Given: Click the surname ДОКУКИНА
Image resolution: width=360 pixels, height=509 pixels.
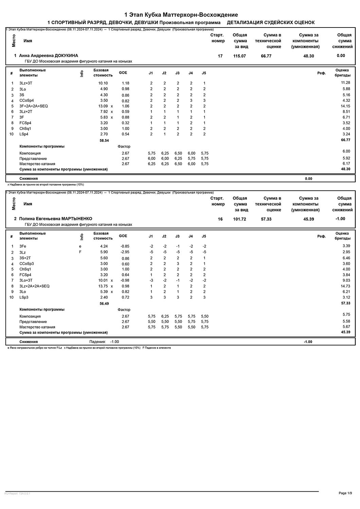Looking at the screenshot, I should tap(66, 56).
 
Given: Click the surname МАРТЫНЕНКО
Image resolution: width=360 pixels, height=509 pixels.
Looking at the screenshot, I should tap(77, 219).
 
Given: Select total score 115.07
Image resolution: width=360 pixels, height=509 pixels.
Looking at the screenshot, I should tap(239, 56).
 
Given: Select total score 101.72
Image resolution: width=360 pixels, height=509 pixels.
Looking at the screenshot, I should tap(239, 219).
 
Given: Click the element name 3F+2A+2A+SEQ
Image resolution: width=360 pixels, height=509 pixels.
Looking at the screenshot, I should tap(34, 106).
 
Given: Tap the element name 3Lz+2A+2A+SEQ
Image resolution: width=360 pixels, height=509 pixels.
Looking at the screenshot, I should tap(34, 286).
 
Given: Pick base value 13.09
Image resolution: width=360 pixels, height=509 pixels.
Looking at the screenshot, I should tap(103, 106).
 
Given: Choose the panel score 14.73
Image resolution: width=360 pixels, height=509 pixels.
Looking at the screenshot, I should tap(345, 286).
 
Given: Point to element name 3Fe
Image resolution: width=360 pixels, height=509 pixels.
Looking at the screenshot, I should tap(23, 246).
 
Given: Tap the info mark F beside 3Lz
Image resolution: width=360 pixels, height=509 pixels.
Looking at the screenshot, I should tap(80, 252).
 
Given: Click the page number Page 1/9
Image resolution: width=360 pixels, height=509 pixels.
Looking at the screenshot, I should tap(345, 493).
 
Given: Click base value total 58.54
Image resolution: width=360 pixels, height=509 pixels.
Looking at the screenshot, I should tap(104, 140).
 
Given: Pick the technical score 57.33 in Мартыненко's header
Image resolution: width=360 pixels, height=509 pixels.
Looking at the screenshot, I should tap(266, 219).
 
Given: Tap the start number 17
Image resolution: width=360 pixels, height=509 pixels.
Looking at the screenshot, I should tap(220, 56).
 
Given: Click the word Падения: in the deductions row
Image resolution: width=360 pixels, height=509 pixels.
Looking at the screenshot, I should tap(97, 342).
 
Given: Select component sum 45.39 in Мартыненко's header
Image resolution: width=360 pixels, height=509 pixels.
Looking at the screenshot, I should tap(308, 219).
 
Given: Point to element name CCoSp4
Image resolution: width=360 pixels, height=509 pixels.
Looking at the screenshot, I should tap(26, 100).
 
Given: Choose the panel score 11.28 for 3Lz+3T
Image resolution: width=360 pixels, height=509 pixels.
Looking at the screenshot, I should tap(345, 83).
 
